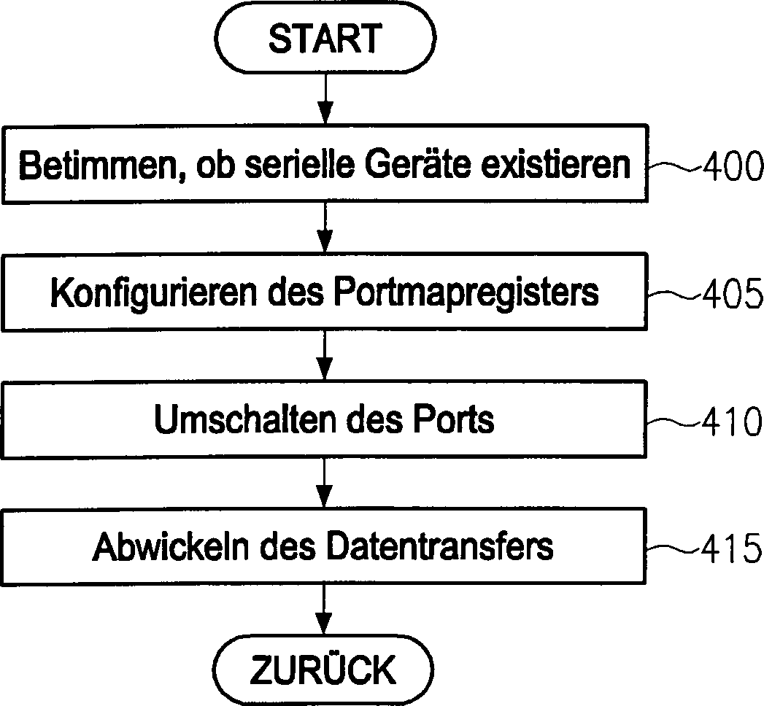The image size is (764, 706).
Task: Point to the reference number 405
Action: click(730, 295)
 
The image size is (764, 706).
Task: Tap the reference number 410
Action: click(730, 422)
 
